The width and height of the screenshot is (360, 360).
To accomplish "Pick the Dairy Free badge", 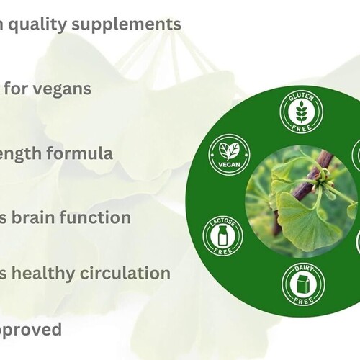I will pos(302,282).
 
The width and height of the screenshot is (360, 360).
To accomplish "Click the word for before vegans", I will pos(17,89).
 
